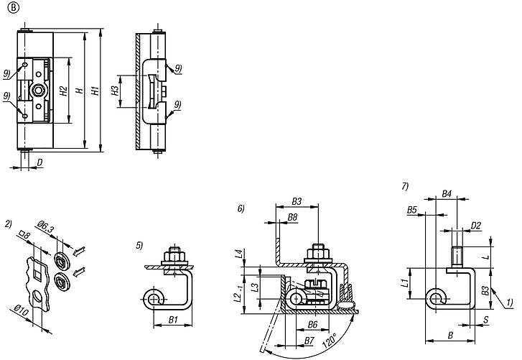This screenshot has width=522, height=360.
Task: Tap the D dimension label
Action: click(x=39, y=164)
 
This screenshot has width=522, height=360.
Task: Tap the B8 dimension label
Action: click(x=293, y=216)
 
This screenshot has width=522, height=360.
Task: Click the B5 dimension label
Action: click(x=412, y=209)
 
